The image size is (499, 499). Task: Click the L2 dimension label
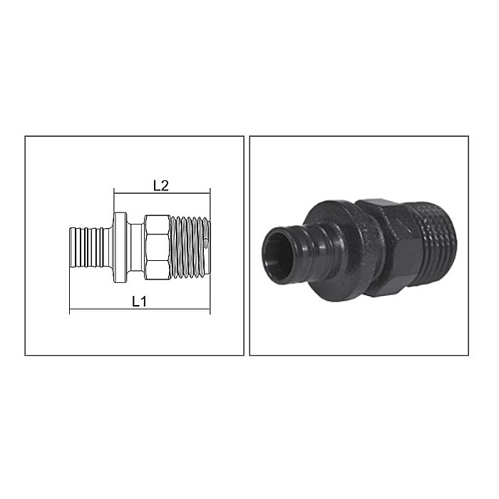click(x=160, y=185)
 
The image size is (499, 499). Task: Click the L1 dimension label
click(x=140, y=301)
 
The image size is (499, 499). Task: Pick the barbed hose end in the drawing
click(x=87, y=247)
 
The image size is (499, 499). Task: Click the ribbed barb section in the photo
click(x=292, y=246)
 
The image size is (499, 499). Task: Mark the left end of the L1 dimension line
click(x=70, y=311)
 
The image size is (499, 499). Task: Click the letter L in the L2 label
click(x=157, y=185)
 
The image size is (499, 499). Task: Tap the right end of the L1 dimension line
click(x=210, y=311)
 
